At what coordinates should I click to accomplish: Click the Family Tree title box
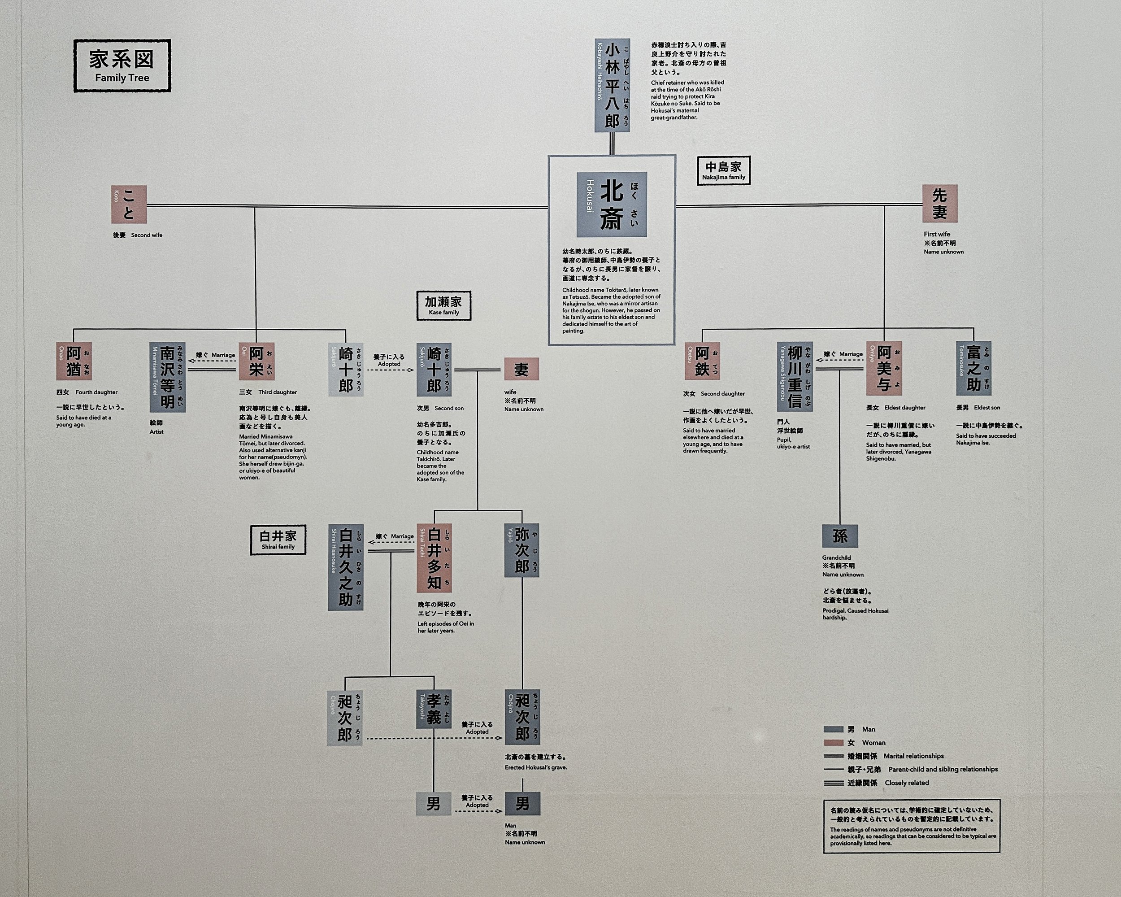pyautogui.click(x=122, y=66)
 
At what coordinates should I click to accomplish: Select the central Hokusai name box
pyautogui.click(x=612, y=205)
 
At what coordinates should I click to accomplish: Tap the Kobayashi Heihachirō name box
pyautogui.click(x=612, y=85)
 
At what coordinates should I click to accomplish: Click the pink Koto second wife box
pyautogui.click(x=128, y=205)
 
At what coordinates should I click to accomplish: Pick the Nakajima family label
pyautogui.click(x=723, y=170)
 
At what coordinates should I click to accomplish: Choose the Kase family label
pyautogui.click(x=443, y=305)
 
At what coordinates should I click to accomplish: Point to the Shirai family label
pyautogui.click(x=278, y=540)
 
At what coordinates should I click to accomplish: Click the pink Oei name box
pyautogui.click(x=257, y=361)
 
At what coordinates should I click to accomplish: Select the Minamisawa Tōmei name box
pyautogui.click(x=167, y=377)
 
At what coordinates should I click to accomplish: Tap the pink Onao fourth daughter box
pyautogui.click(x=74, y=361)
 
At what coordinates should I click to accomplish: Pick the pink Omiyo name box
pyautogui.click(x=884, y=368)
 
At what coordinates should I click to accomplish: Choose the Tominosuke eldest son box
pyautogui.click(x=973, y=368)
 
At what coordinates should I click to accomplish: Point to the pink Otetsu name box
pyautogui.click(x=702, y=361)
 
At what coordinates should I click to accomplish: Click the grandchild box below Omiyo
pyautogui.click(x=840, y=536)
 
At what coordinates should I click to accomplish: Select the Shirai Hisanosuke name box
pyautogui.click(x=346, y=567)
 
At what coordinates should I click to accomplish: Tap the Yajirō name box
pyautogui.click(x=521, y=550)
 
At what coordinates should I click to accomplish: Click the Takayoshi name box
pyautogui.click(x=434, y=709)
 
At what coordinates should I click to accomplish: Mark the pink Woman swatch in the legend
pyautogui.click(x=833, y=743)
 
